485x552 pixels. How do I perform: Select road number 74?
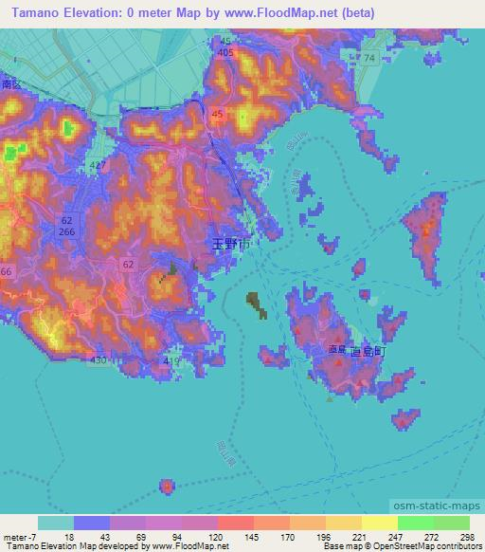click(x=368, y=59)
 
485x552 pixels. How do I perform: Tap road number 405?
click(x=225, y=53)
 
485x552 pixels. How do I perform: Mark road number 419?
click(x=171, y=360)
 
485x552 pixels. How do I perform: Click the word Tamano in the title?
click(x=30, y=13)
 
